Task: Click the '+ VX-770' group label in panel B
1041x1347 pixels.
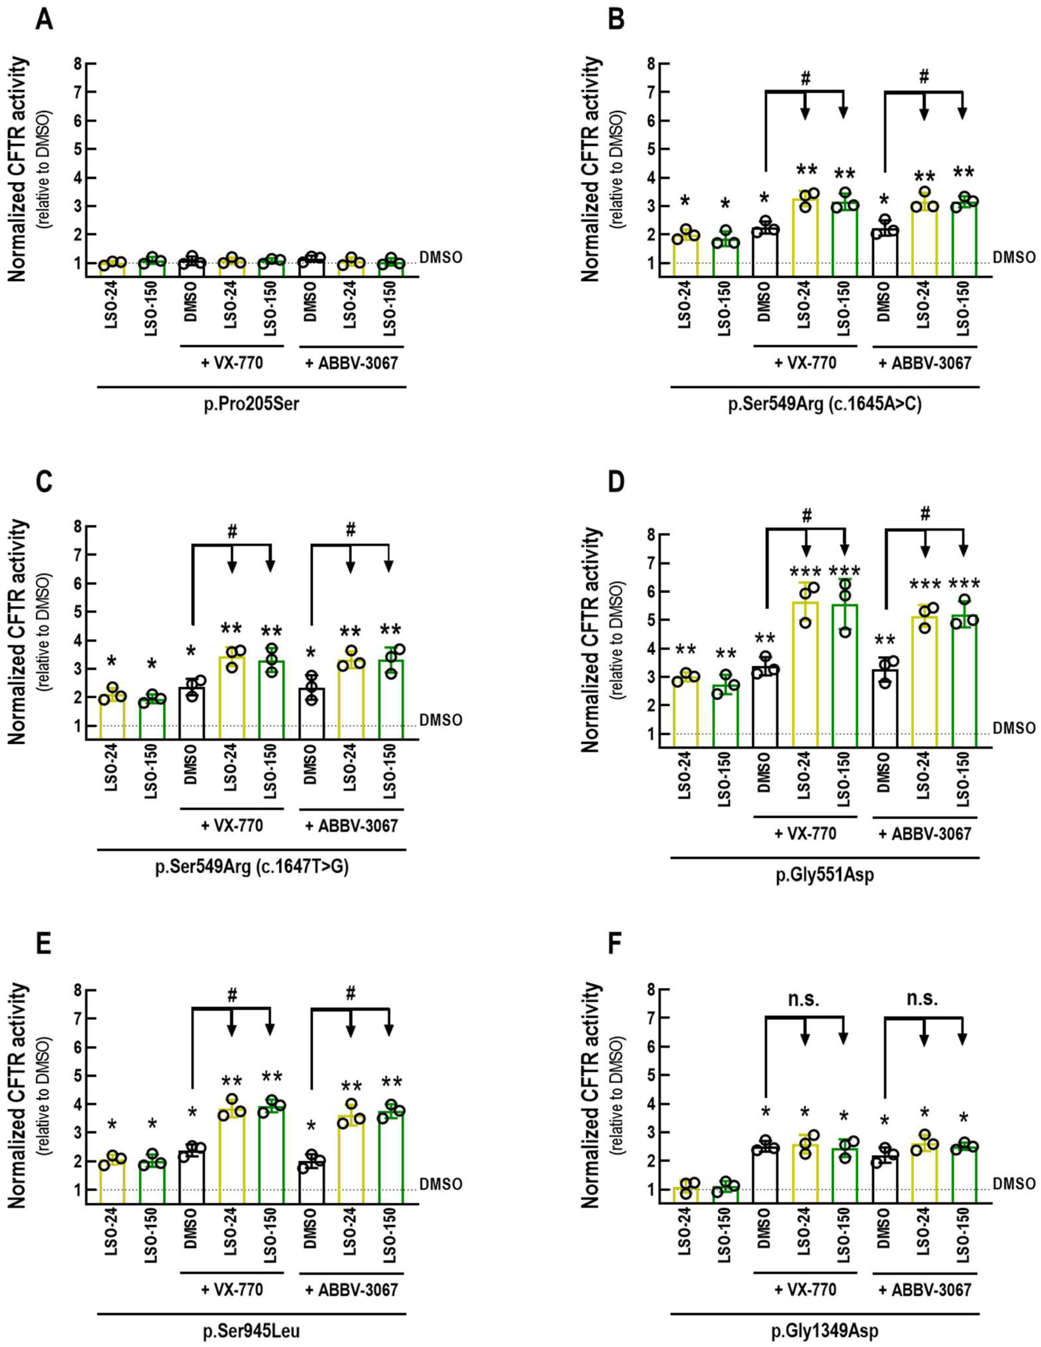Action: click(x=805, y=363)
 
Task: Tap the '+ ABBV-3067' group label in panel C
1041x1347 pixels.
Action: click(x=351, y=825)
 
